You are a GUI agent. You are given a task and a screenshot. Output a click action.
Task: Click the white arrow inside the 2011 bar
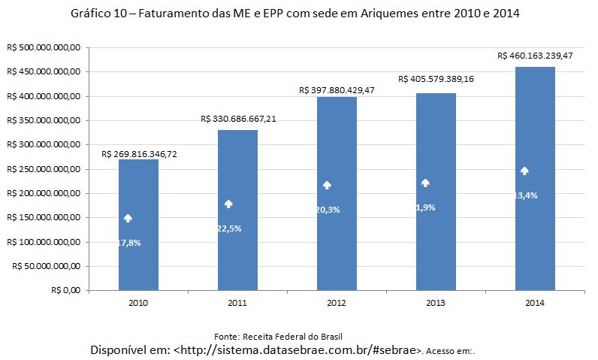(228, 204)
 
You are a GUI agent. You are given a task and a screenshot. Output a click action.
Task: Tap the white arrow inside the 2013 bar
(425, 183)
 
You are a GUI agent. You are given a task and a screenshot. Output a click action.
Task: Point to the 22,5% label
(228, 228)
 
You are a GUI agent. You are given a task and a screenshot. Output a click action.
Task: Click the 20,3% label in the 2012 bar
(328, 210)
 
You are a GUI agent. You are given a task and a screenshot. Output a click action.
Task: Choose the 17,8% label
(129, 243)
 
